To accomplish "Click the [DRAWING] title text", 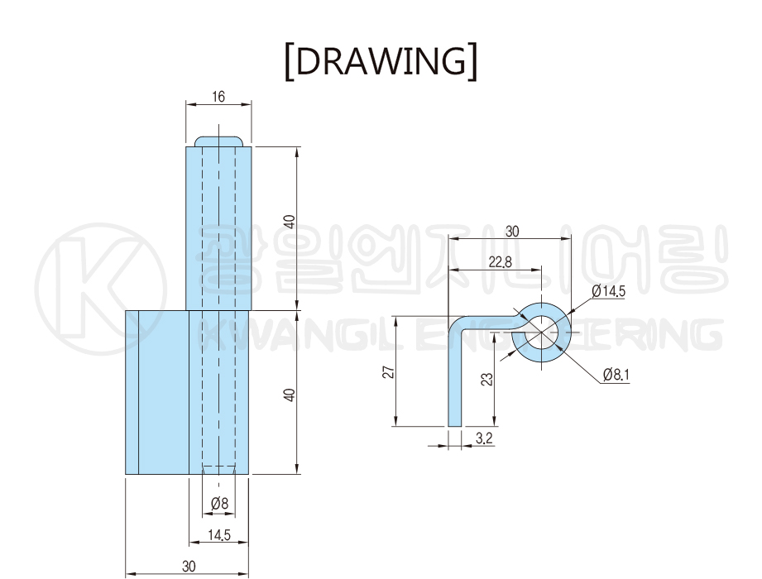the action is pyautogui.click(x=381, y=61).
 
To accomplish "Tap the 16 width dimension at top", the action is pyautogui.click(x=218, y=97).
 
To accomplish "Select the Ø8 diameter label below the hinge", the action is pyautogui.click(x=219, y=503).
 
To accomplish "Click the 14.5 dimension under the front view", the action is pyautogui.click(x=219, y=535).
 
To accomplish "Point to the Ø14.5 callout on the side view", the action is pyautogui.click(x=608, y=291).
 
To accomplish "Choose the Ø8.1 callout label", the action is pyautogui.click(x=616, y=375).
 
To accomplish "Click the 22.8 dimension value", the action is pyautogui.click(x=500, y=262).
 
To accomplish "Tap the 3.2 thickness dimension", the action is pyautogui.click(x=484, y=438).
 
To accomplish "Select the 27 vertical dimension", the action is pyautogui.click(x=389, y=372).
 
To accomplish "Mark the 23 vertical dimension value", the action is pyautogui.click(x=486, y=379).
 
